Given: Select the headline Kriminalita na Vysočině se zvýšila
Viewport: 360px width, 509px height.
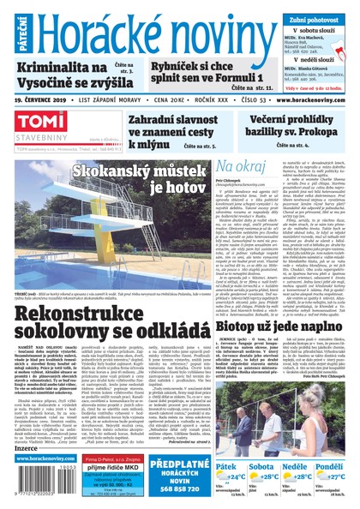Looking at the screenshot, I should coord(63,76).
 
